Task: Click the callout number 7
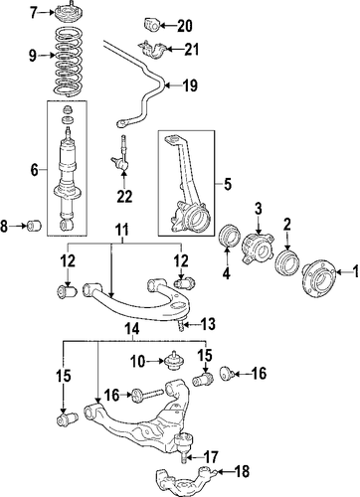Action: (x=33, y=13)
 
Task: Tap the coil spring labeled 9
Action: (x=68, y=62)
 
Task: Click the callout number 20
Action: (x=185, y=26)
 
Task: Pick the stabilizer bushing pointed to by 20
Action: (x=152, y=25)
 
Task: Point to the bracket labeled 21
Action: (x=152, y=50)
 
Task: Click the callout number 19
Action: (x=190, y=85)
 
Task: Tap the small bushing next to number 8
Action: (x=34, y=226)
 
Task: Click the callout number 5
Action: (x=228, y=184)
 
